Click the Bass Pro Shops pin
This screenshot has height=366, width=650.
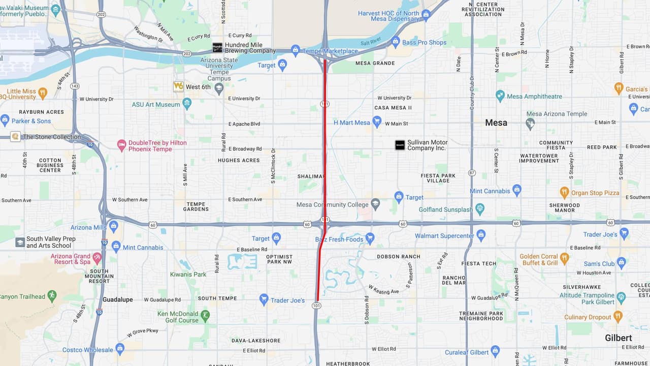pyautogui.click(x=396, y=42)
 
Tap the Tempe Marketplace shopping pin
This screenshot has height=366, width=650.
pyautogui.click(x=296, y=50)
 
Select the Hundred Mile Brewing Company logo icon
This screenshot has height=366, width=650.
pyautogui.click(x=217, y=47)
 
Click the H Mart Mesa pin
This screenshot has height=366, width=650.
pyautogui.click(x=377, y=121)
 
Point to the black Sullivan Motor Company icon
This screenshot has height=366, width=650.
pyautogui.click(x=400, y=145)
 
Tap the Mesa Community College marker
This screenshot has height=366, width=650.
pyautogui.click(x=375, y=204)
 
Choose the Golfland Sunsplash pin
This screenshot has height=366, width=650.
pyautogui.click(x=480, y=209)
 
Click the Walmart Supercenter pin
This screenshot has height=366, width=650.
pyautogui.click(x=481, y=235)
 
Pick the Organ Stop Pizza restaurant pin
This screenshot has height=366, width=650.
pyautogui.click(x=564, y=192)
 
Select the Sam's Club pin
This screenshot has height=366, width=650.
pyautogui.click(x=622, y=263)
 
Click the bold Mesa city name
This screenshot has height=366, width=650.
pyautogui.click(x=496, y=123)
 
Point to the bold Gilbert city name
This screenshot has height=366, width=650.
pyautogui.click(x=618, y=338)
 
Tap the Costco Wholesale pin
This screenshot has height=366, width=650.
pyautogui.click(x=120, y=349)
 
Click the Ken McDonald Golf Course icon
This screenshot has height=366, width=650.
pyautogui.click(x=205, y=316)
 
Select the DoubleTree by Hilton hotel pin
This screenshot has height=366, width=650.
pyautogui.click(x=121, y=145)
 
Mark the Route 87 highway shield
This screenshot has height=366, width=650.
pyautogui.click(x=472, y=173)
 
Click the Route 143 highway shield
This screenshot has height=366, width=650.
pyautogui.click(x=75, y=86)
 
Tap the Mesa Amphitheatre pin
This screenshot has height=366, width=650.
pyautogui.click(x=500, y=96)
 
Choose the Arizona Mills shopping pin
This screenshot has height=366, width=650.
pyautogui.click(x=113, y=227)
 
